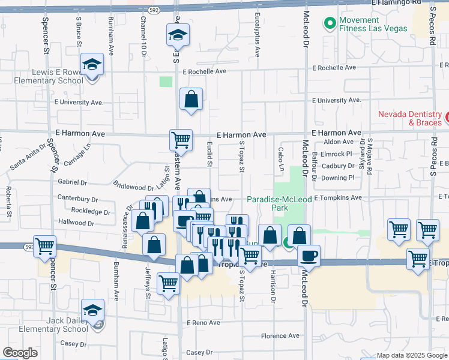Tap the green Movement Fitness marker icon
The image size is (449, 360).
(329, 24)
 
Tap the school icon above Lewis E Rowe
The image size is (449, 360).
(92, 64)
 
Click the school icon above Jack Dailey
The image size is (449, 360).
(92, 310)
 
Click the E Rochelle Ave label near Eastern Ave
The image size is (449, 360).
(204, 71)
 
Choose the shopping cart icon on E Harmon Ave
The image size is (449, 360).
(181, 140)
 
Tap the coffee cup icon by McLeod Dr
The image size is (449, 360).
(309, 256)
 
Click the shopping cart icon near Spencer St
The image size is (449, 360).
(45, 247)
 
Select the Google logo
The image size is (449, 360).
(20, 353)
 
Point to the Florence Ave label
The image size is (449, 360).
(280, 336)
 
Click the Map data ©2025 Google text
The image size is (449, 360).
(412, 355)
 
